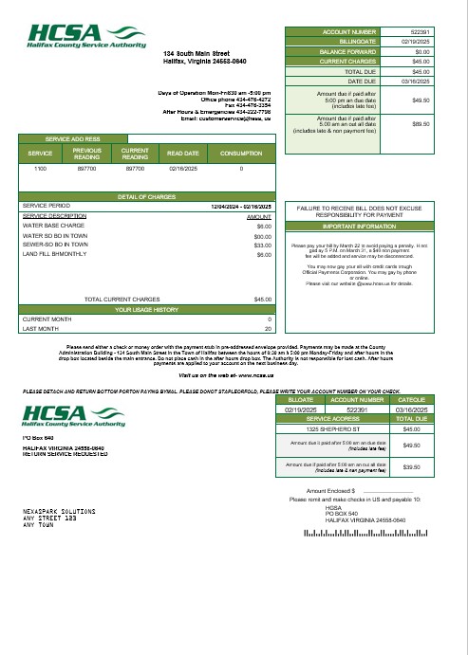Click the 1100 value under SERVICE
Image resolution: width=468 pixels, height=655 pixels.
click(40, 168)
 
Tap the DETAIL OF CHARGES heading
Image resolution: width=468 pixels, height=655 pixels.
click(148, 196)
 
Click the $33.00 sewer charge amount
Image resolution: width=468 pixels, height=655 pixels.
click(263, 246)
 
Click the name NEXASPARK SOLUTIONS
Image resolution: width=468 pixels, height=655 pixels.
click(59, 511)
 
